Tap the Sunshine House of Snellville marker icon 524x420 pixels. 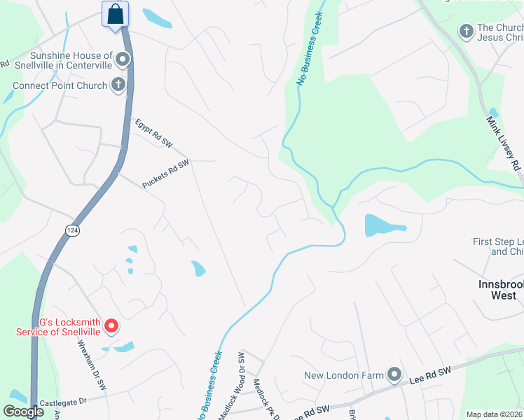tap(123, 59)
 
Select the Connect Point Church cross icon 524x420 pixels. tap(118, 85)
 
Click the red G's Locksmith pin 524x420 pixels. tap(111, 326)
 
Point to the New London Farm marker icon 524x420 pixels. tap(394, 375)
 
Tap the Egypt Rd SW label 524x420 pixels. tap(154, 132)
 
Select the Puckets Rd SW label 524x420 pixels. tap(166, 174)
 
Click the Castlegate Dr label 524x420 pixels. tap(62, 402)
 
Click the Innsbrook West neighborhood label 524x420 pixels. tap(497, 290)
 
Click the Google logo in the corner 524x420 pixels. tap(23, 412)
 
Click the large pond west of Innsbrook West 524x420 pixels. tap(382, 226)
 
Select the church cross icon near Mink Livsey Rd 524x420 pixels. tap(466, 31)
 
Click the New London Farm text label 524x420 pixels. tap(344, 376)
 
